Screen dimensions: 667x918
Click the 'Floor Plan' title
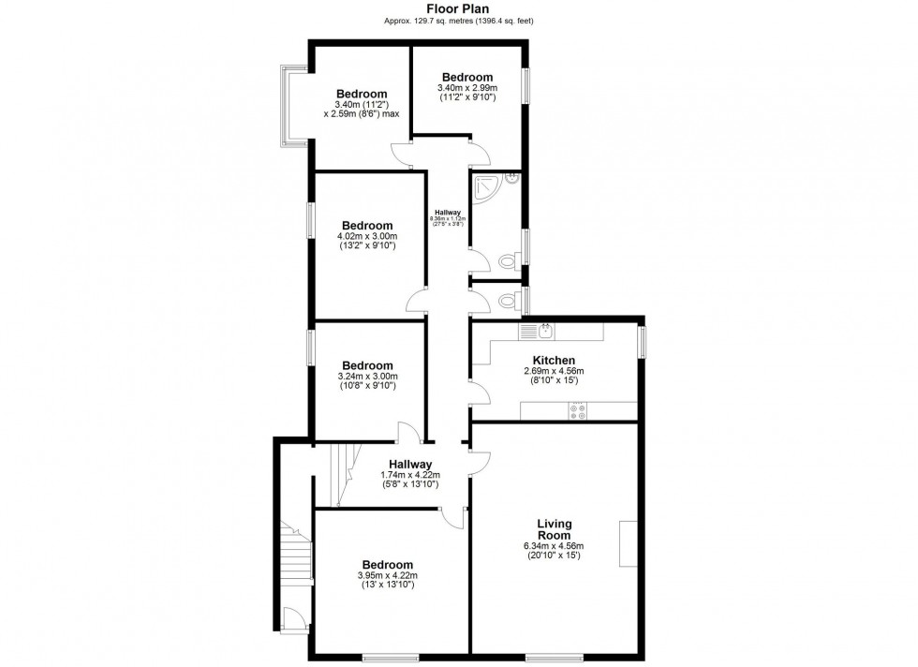458,7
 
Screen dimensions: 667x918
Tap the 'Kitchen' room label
554,360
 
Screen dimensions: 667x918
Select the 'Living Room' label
555,529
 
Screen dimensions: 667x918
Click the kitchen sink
544,330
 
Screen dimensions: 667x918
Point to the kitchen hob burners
579,410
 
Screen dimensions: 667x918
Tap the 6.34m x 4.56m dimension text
554,546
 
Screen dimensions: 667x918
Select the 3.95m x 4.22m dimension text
388,575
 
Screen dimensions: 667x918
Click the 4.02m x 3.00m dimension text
367,236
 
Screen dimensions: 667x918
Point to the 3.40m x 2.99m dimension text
467,88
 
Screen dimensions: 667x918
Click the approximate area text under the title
458,21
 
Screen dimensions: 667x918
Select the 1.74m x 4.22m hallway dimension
409,475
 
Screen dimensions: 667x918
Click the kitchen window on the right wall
643,340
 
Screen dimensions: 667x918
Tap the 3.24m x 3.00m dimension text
367,377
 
